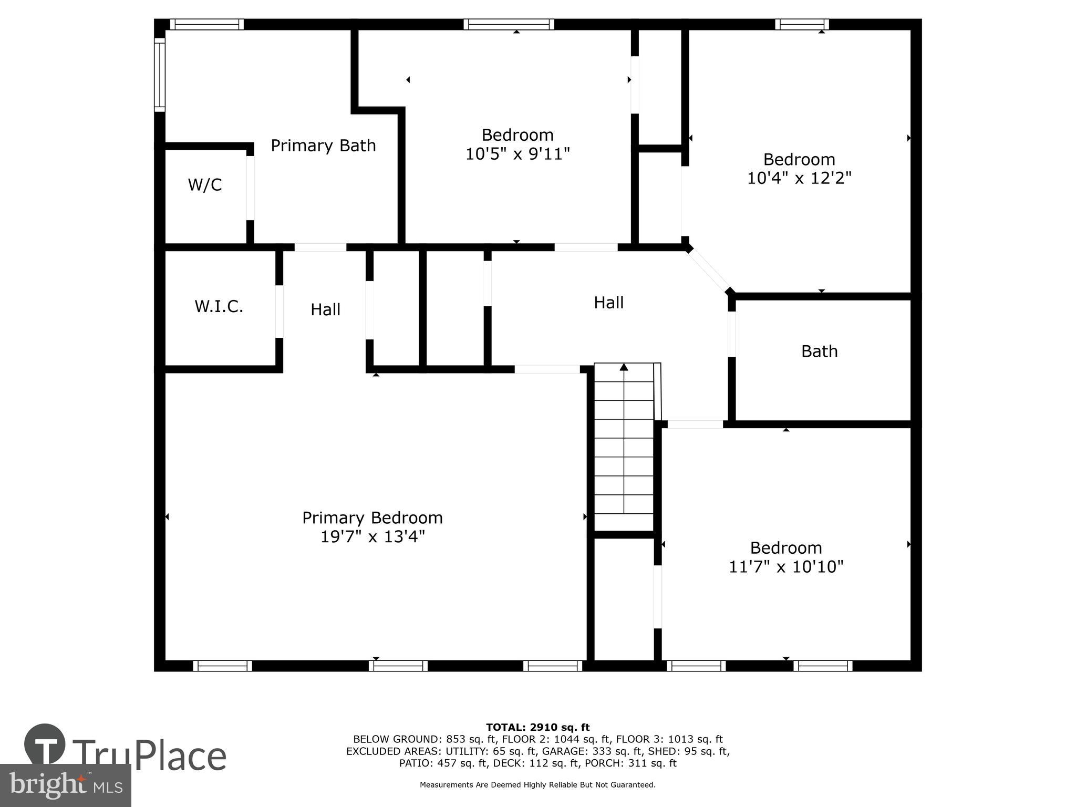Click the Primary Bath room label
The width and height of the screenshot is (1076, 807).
(323, 146)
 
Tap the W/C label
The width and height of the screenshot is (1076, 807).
(205, 185)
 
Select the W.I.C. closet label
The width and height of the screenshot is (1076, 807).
(219, 306)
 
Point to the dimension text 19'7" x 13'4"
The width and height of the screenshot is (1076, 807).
(373, 537)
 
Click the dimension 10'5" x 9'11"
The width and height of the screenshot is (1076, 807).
(518, 154)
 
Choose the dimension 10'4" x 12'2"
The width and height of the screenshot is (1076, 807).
(799, 179)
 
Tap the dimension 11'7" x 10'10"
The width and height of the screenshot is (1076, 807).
(786, 567)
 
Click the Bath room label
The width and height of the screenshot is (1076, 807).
(819, 351)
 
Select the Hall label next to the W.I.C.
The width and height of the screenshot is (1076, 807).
(325, 309)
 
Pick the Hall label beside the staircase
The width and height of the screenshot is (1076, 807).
(608, 303)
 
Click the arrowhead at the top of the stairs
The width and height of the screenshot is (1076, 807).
(624, 367)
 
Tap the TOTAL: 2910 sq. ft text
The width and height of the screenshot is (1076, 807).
(537, 727)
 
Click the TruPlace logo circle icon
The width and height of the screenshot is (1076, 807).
(45, 745)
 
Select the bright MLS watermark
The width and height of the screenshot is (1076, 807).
(65, 785)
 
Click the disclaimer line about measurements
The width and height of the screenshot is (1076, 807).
(537, 785)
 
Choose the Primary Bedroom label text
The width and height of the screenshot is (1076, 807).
(373, 518)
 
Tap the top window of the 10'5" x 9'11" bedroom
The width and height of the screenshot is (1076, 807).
(509, 24)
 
